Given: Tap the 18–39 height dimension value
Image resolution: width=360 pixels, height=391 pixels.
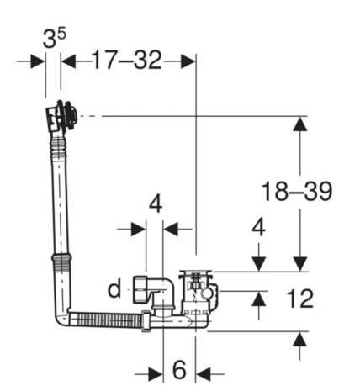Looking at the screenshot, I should click(x=296, y=191).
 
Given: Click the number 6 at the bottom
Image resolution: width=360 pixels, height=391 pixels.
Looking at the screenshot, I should click(x=179, y=371).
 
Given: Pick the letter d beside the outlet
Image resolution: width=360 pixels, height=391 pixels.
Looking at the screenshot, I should click(x=114, y=291).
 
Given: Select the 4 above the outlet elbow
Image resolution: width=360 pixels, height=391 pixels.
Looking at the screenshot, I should click(x=155, y=203).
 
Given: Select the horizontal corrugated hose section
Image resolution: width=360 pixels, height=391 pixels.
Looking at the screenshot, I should click(x=108, y=320).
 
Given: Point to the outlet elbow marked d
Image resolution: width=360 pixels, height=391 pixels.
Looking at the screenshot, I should click(x=156, y=293).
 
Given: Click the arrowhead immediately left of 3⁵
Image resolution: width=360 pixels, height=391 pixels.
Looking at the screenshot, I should click(x=37, y=61).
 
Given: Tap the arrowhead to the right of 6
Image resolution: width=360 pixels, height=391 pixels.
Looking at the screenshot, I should click(x=206, y=373).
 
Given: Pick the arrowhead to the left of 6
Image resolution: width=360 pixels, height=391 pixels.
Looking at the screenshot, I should click(x=154, y=373).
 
